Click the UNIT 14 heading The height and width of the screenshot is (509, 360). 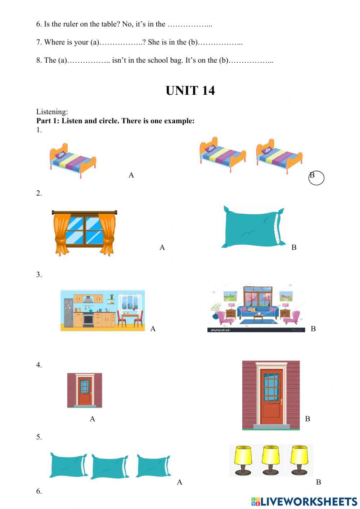(x=190, y=90)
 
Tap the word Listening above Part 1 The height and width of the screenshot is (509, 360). (x=52, y=112)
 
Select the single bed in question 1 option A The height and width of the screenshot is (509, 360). (x=73, y=161)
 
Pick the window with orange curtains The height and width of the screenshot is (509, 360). (x=85, y=232)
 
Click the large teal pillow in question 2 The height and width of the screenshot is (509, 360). (x=253, y=227)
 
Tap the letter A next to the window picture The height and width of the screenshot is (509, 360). (x=162, y=247)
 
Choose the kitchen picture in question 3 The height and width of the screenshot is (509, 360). (x=103, y=310)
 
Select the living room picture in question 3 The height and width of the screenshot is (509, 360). (x=256, y=307)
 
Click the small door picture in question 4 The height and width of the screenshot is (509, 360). (x=85, y=390)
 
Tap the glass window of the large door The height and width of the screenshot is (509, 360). (x=271, y=387)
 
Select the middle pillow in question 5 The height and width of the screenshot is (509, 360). (x=110, y=466)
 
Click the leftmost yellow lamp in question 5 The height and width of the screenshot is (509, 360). (x=243, y=460)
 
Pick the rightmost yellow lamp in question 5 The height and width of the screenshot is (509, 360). (x=299, y=460)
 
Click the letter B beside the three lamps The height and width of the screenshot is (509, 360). (x=318, y=482)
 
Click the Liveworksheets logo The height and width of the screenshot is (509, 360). (x=304, y=501)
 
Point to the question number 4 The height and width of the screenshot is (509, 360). (x=39, y=365)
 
